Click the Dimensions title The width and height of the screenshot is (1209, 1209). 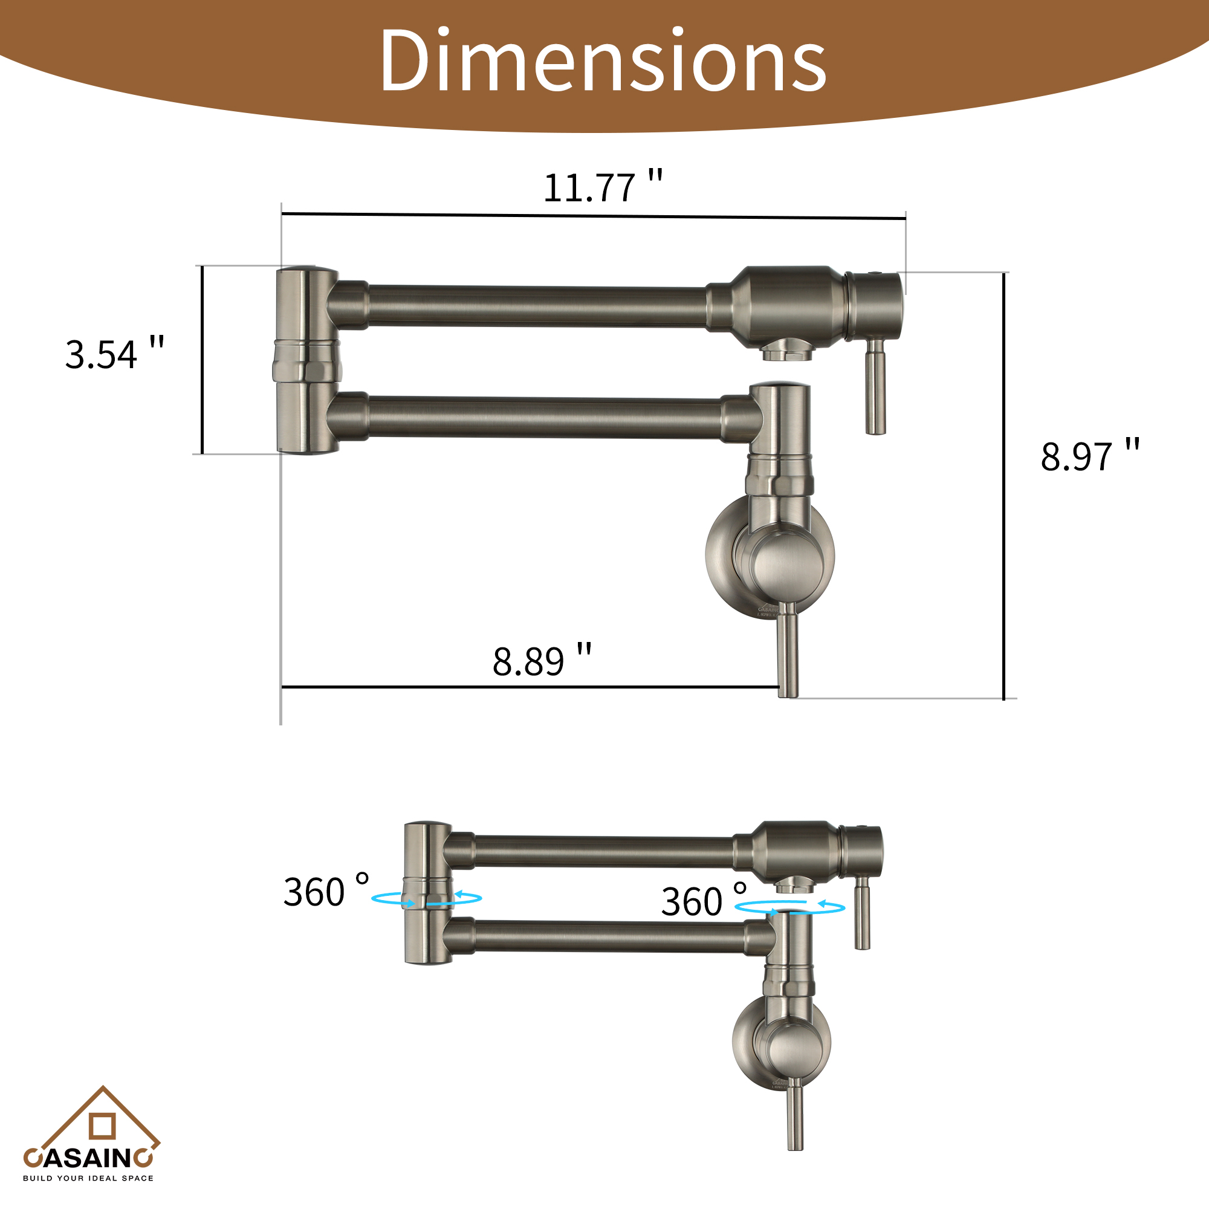click(x=603, y=60)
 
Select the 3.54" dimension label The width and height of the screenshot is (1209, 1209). click(x=114, y=354)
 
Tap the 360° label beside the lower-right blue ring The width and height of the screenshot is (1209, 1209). click(x=704, y=901)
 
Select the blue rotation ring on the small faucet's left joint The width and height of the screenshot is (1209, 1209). click(x=426, y=899)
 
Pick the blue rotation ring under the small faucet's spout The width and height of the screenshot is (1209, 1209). click(x=789, y=907)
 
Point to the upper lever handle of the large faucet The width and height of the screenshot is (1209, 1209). click(x=875, y=388)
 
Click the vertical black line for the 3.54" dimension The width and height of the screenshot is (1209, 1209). click(x=202, y=360)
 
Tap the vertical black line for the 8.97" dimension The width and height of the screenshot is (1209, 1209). click(x=1003, y=485)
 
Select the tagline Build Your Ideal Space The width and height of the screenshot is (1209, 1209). click(x=88, y=1178)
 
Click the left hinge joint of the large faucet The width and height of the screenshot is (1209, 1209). click(x=307, y=361)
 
